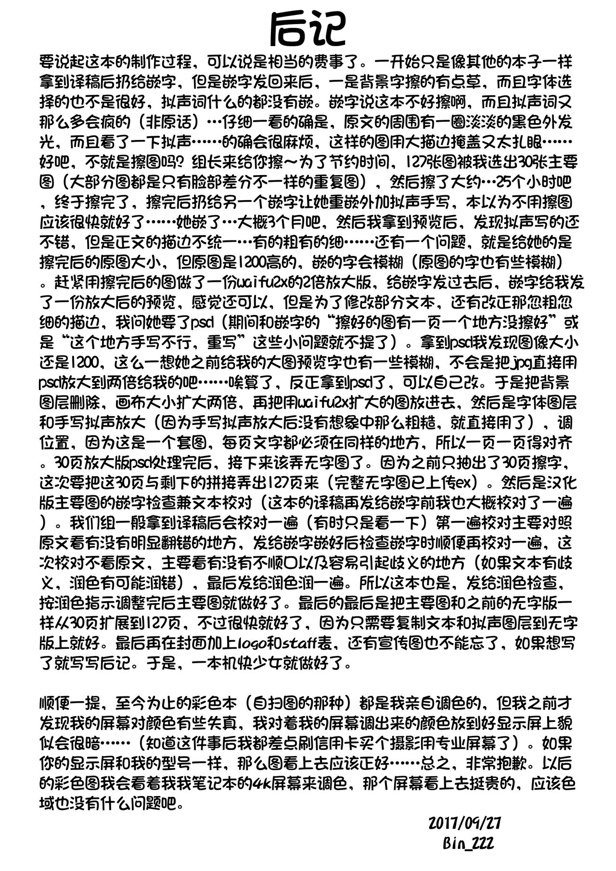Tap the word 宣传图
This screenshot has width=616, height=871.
(x=455, y=641)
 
